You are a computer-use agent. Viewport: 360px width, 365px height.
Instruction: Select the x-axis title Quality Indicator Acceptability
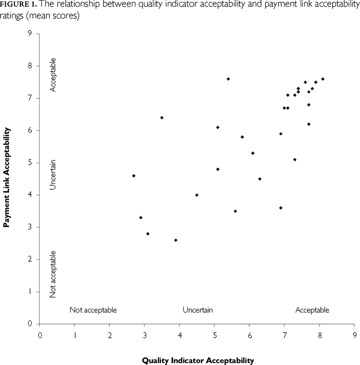pyautogui.click(x=198, y=360)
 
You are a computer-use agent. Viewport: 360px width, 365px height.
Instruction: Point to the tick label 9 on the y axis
pyautogui.click(x=30, y=34)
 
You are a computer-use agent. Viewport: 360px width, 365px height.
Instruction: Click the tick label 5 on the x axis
pyautogui.click(x=215, y=334)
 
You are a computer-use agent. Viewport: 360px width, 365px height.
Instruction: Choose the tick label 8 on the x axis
pyautogui.click(x=319, y=334)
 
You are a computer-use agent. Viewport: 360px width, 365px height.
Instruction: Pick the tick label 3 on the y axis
pyautogui.click(x=30, y=227)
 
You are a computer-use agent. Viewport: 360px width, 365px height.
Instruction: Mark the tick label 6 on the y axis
pyautogui.click(x=30, y=130)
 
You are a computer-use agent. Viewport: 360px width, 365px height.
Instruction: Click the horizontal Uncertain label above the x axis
pyautogui.click(x=198, y=310)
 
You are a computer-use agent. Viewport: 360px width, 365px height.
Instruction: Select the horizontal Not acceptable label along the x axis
pyautogui.click(x=93, y=310)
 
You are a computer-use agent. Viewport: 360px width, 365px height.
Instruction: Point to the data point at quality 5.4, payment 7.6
pyautogui.click(x=228, y=79)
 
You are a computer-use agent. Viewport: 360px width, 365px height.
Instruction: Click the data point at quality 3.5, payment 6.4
pyautogui.click(x=162, y=118)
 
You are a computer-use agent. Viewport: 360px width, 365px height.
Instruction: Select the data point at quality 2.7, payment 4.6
pyautogui.click(x=134, y=175)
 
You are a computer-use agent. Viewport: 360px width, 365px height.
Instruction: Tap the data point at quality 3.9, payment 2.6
pyautogui.click(x=176, y=240)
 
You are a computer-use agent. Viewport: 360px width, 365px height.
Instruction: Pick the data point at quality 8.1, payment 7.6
pyautogui.click(x=323, y=79)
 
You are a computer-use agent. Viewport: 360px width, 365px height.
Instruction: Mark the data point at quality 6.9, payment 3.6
pyautogui.click(x=281, y=208)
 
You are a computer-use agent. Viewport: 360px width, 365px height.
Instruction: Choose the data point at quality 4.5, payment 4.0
pyautogui.click(x=197, y=195)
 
